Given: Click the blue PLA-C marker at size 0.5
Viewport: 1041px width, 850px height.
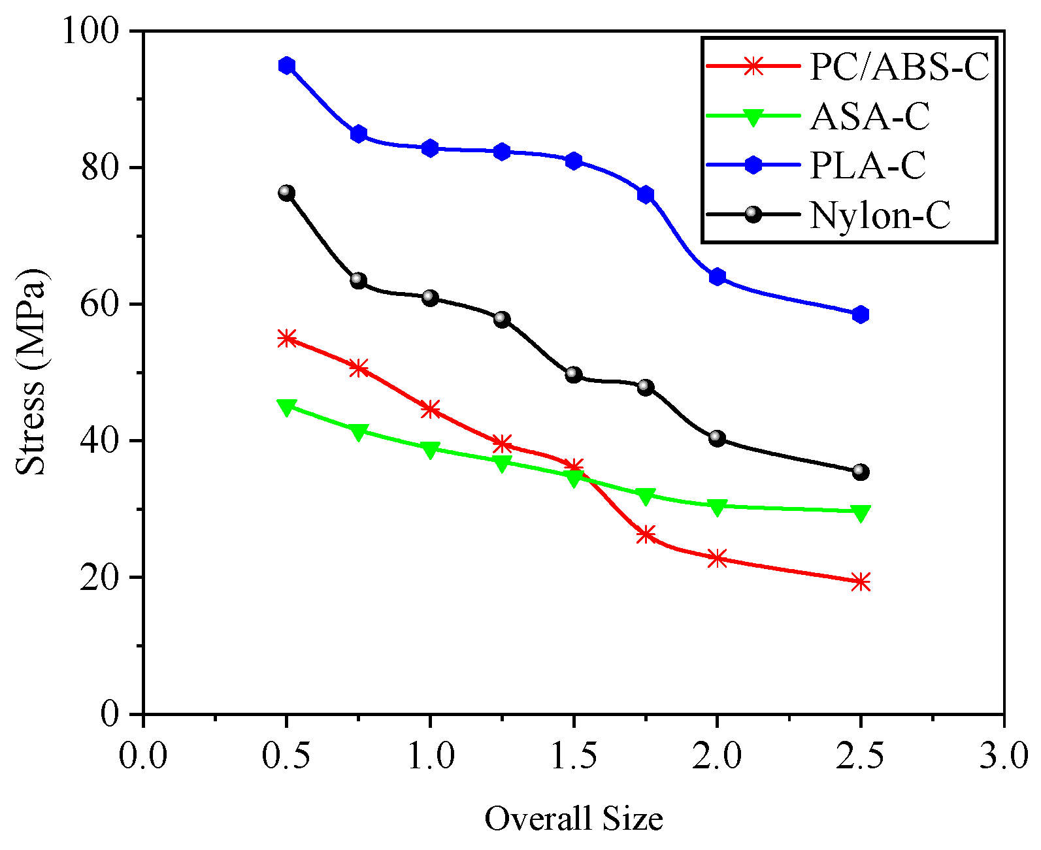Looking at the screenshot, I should pyautogui.click(x=286, y=65).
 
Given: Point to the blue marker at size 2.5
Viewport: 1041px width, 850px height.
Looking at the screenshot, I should pyautogui.click(x=861, y=314).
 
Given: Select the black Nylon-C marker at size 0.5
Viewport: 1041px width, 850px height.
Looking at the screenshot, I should pyautogui.click(x=286, y=193).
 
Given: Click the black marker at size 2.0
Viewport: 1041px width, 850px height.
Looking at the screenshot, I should pyautogui.click(x=717, y=438).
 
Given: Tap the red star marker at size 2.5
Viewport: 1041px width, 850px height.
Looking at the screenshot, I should pyautogui.click(x=861, y=581).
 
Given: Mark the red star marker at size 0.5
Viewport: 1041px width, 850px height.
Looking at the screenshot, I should pyautogui.click(x=286, y=338).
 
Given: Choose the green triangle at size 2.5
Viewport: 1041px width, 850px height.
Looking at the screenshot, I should pyautogui.click(x=861, y=513).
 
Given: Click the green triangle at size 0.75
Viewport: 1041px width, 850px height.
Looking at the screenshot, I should pyautogui.click(x=358, y=431).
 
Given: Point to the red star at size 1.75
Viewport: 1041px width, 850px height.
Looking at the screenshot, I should pyautogui.click(x=646, y=534).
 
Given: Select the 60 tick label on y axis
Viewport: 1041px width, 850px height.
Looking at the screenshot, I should pyautogui.click(x=105, y=304).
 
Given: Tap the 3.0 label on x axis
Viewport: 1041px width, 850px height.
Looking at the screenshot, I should pyautogui.click(x=1004, y=756).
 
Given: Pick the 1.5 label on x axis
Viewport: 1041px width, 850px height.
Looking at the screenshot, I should pyautogui.click(x=573, y=756).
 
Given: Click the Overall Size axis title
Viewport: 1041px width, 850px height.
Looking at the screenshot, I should pyautogui.click(x=573, y=819).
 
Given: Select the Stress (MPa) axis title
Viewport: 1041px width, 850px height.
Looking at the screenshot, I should pyautogui.click(x=31, y=372).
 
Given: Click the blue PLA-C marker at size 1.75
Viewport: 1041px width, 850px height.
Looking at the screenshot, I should pyautogui.click(x=646, y=195).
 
